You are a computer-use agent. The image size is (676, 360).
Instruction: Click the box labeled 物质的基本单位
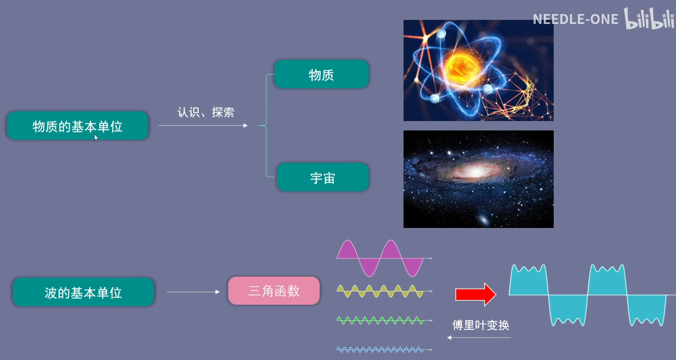click(78, 126)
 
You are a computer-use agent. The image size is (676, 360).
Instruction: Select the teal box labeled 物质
click(321, 74)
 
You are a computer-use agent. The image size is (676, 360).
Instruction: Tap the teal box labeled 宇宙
click(323, 177)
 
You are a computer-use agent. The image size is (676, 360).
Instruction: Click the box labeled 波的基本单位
click(83, 292)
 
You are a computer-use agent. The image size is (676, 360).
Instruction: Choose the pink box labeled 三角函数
click(274, 291)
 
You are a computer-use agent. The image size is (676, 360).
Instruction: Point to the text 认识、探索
click(206, 112)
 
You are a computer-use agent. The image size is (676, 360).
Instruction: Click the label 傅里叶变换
click(481, 325)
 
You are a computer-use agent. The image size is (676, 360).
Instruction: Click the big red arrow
click(476, 295)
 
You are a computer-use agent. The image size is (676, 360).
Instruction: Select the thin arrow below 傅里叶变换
click(479, 338)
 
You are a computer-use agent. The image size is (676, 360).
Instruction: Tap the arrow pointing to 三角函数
click(193, 292)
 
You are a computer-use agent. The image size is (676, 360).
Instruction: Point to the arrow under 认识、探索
click(203, 126)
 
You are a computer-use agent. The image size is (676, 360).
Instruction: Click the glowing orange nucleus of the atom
click(462, 68)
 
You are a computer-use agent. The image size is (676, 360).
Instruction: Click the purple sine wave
click(380, 258)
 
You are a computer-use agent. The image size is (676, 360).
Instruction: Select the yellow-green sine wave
click(380, 291)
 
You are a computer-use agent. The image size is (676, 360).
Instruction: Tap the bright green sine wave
click(380, 321)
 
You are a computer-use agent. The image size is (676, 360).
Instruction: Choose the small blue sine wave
click(380, 350)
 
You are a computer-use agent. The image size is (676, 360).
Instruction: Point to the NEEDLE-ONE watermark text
click(576, 20)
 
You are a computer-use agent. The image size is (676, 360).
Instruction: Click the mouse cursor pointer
click(96, 138)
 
